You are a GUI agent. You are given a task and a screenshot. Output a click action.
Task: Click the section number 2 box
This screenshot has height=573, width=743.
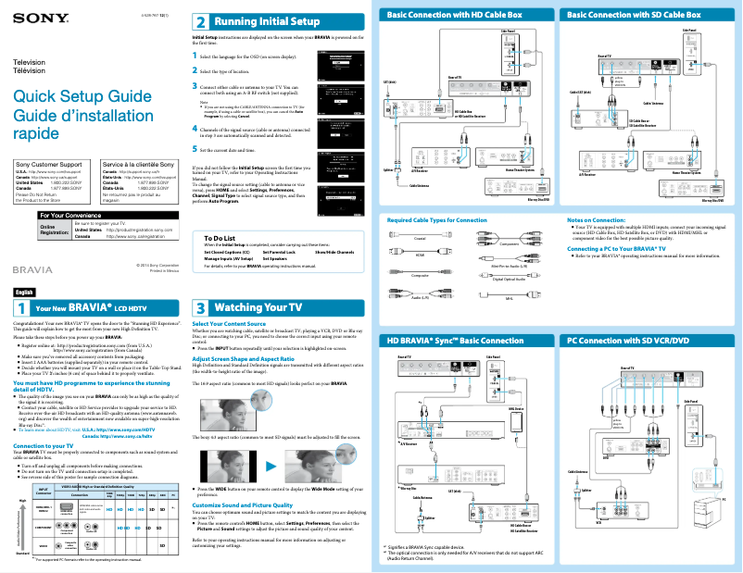(200, 20)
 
